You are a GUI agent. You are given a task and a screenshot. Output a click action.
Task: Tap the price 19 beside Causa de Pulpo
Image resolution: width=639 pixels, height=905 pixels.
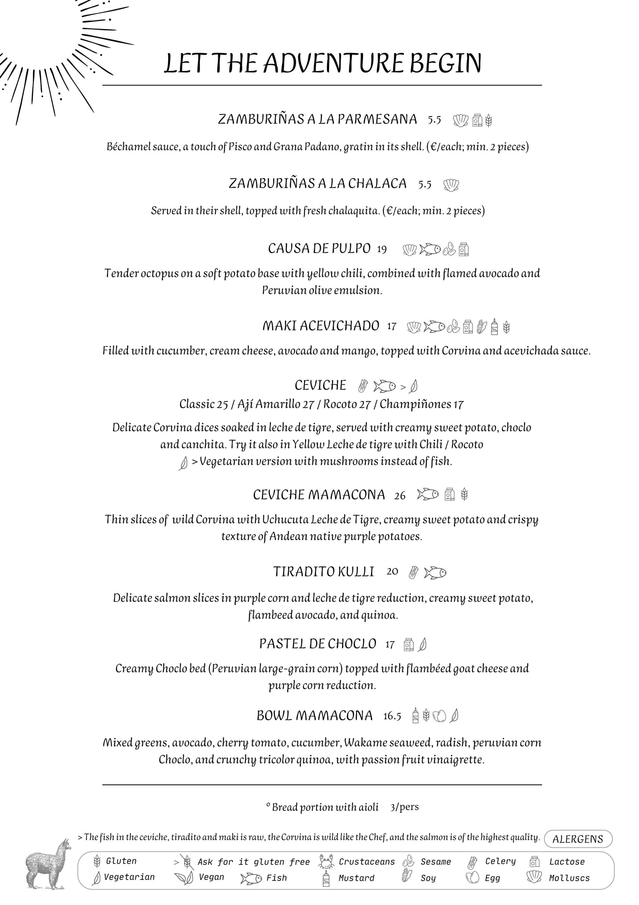[382, 249]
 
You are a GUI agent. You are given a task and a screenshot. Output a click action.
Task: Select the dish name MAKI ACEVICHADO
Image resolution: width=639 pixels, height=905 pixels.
[321, 326]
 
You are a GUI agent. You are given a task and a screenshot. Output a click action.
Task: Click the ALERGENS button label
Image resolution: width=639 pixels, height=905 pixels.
[578, 839]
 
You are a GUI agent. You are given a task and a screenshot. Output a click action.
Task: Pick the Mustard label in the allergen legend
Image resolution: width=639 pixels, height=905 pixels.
[356, 878]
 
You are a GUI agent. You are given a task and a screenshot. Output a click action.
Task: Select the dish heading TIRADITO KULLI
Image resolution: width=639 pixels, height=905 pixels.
[323, 572]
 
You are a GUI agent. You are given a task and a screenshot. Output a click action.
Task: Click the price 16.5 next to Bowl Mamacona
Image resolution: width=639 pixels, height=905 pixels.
[392, 716]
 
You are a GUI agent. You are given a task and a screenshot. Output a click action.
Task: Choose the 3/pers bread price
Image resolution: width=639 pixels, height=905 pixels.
[404, 807]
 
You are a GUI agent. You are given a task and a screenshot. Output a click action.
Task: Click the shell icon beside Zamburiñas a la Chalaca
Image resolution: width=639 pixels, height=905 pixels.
[451, 185]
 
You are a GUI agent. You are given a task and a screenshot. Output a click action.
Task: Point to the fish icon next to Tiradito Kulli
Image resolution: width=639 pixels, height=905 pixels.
[435, 573]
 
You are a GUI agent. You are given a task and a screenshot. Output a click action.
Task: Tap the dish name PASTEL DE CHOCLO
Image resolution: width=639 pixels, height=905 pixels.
[317, 644]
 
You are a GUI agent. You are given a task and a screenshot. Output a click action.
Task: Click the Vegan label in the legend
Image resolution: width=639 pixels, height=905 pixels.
[211, 877]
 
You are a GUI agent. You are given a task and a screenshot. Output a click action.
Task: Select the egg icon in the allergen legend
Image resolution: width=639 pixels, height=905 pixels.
[472, 877]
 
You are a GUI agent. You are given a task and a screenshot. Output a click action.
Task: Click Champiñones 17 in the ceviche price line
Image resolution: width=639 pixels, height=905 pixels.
[421, 404]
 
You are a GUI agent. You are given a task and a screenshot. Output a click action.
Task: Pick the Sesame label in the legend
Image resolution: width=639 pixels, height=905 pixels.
[435, 862]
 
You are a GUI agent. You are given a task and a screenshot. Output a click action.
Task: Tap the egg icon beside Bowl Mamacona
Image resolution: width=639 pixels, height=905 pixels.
[440, 716]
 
